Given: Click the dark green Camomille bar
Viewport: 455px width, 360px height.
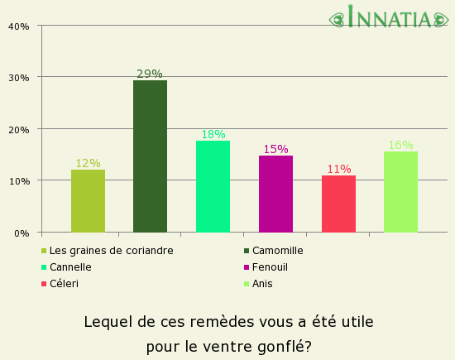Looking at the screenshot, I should tap(150, 156).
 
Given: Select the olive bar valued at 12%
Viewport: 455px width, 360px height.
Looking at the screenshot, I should tap(88, 201).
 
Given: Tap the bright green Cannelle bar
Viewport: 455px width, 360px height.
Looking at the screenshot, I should tap(213, 186).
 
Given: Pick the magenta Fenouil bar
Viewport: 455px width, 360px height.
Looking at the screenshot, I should tap(275, 194).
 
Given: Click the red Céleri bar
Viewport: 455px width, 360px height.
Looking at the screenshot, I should tap(338, 204).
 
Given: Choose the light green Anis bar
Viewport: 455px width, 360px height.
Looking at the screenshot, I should tap(400, 192).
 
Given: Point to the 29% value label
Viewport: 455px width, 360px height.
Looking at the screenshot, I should tap(150, 74).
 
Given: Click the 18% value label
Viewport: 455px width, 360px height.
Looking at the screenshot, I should tap(213, 134).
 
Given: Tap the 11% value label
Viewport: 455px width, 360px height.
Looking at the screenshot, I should tap(338, 169).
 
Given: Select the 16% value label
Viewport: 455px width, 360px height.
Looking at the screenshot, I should tap(400, 145).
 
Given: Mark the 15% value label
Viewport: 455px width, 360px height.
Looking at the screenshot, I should tap(275, 149).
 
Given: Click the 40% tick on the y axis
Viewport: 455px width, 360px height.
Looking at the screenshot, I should tap(19, 26).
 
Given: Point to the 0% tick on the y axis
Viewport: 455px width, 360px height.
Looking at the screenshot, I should tap(22, 233).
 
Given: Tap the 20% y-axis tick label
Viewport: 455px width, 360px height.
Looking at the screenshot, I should tap(19, 129).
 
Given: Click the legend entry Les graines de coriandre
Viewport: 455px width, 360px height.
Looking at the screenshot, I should tap(111, 251).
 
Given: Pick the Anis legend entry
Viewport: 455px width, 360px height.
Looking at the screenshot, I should tap(262, 284).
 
